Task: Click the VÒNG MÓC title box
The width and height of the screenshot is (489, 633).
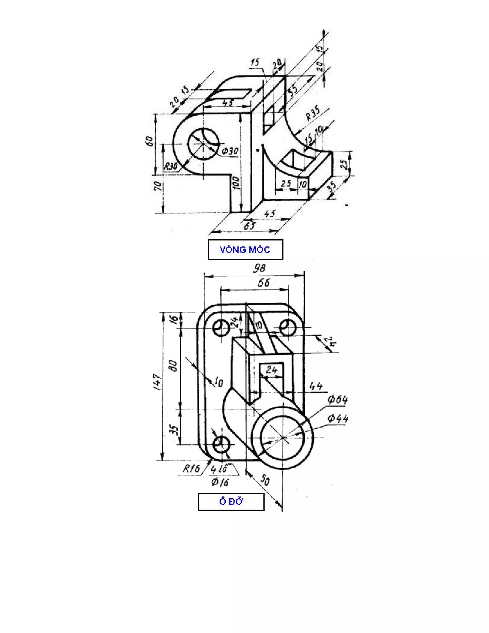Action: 245,250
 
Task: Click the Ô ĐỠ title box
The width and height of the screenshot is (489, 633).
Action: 231,502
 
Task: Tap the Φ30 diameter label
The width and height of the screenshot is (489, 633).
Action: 230,151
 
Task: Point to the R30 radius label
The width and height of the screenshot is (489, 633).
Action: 171,166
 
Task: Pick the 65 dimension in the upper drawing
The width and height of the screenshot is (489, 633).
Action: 249,226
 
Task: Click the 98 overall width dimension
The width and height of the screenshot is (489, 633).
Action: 259,268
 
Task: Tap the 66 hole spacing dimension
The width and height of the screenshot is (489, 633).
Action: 264,283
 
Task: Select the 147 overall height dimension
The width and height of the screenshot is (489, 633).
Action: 158,382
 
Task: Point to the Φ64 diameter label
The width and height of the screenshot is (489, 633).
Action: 338,400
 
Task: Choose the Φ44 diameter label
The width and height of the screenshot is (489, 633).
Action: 338,418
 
